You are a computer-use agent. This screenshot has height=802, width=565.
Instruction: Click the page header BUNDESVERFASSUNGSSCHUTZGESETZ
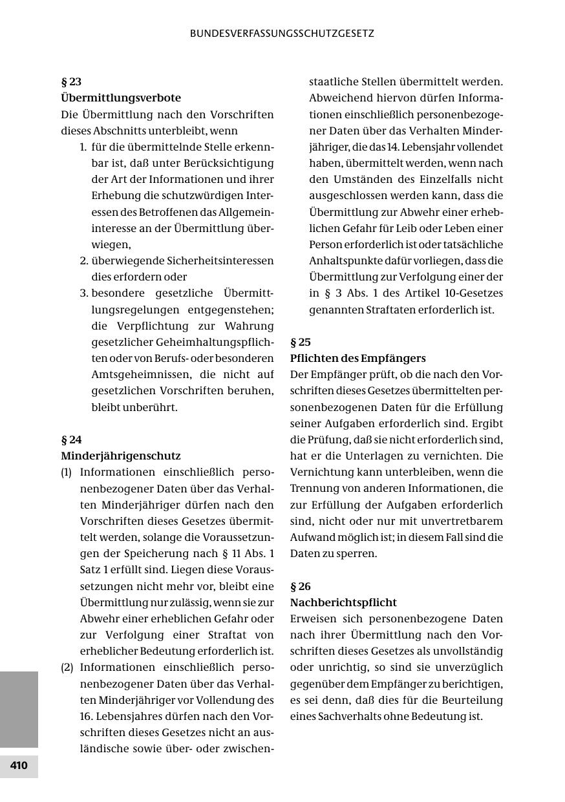point(282,34)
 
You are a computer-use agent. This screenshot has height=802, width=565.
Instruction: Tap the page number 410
point(19,766)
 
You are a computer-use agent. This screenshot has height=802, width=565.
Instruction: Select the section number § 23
point(71,82)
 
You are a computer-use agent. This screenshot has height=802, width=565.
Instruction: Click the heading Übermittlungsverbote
point(121,98)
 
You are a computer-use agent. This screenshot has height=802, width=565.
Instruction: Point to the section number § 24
point(71,440)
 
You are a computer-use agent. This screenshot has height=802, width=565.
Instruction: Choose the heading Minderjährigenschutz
point(121,456)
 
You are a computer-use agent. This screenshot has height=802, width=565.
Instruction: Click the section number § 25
point(301,343)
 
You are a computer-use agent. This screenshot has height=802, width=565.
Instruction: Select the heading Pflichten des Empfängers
point(358,359)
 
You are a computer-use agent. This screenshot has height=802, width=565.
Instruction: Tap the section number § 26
point(301,587)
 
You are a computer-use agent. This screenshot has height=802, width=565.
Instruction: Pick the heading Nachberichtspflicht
point(343,603)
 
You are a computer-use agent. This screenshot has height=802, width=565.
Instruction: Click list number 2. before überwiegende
point(84,261)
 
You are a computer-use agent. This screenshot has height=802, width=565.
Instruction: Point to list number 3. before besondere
point(84,293)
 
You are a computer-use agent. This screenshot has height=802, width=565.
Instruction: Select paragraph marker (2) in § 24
point(67,668)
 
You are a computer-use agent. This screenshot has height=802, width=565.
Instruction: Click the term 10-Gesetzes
point(470,293)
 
